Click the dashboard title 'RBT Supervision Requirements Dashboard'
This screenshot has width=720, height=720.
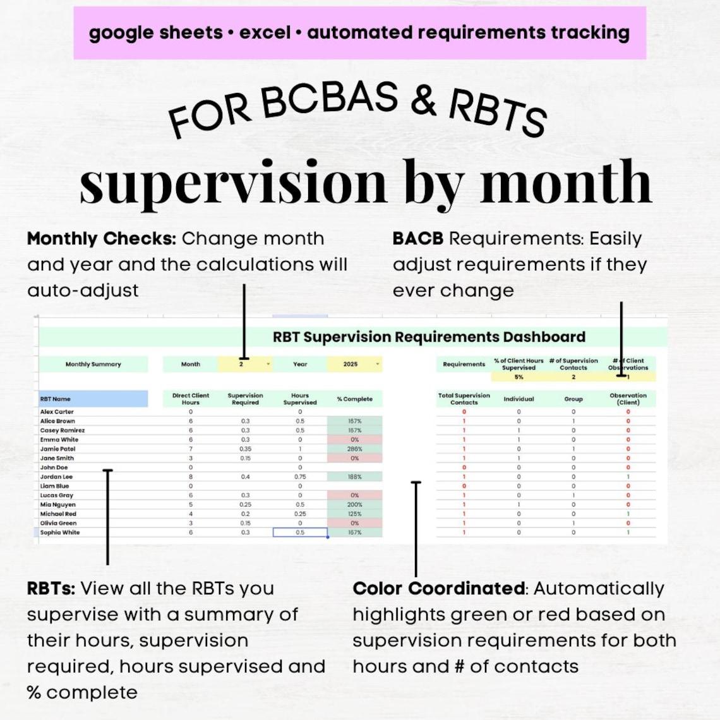429,337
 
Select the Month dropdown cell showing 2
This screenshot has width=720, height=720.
244,364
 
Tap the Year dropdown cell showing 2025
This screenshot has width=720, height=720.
353,364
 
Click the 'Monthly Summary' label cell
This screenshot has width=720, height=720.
93,364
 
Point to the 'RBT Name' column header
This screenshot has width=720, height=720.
56,399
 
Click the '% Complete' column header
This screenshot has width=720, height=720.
354,399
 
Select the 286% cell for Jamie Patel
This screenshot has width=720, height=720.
354,449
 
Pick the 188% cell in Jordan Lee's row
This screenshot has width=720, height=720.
354,477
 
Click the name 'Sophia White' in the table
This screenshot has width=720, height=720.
60,532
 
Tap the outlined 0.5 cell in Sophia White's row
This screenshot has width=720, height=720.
300,532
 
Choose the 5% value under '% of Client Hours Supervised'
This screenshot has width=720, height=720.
519,377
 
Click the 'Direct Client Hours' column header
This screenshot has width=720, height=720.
190,399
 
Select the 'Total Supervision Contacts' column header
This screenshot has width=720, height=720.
464,399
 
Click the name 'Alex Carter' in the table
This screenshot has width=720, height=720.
57,412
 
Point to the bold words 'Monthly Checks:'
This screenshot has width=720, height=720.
101,239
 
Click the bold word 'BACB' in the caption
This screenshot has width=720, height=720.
417,239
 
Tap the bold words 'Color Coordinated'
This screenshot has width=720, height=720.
438,589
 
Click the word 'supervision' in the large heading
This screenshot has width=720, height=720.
233,183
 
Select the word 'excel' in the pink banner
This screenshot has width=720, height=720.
265,33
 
